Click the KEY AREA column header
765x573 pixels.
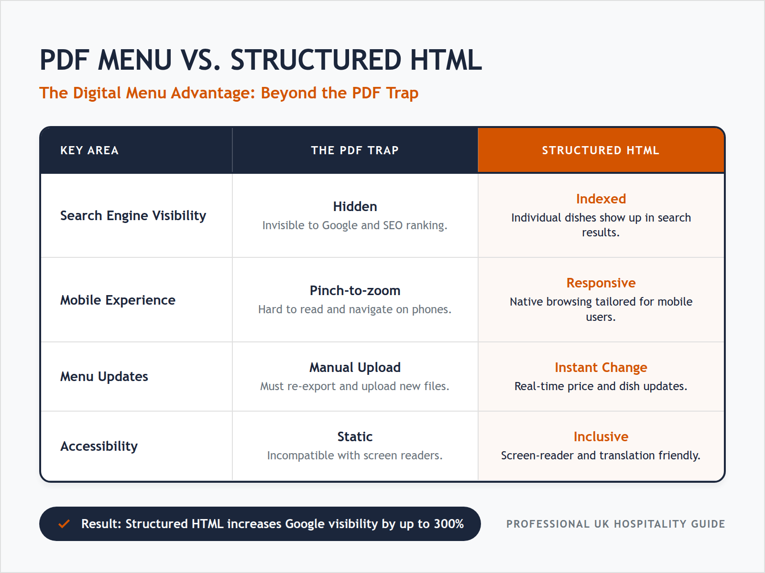[89, 150]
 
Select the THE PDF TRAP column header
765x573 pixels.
[355, 150]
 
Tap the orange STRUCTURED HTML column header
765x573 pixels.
[601, 150]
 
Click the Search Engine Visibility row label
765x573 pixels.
[133, 216]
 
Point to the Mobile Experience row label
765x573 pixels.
[118, 300]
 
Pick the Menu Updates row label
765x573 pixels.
[104, 377]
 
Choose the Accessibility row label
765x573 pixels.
[99, 446]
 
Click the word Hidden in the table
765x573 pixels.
[355, 207]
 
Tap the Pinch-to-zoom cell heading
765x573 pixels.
[355, 291]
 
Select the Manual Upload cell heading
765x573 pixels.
[355, 368]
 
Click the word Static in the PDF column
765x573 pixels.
[355, 437]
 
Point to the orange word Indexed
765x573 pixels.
[601, 199]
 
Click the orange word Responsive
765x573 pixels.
[601, 283]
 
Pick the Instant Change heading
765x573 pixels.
[601, 368]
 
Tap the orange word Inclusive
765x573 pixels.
[601, 437]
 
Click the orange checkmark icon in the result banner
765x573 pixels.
[64, 524]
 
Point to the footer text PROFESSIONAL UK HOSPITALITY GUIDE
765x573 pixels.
[615, 524]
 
